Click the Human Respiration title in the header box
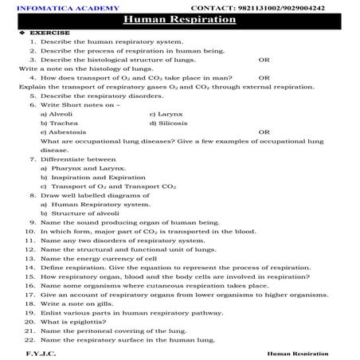point(179,19)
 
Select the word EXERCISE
point(35,33)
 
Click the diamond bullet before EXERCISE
point(10,33)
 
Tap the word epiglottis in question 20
point(79,322)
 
